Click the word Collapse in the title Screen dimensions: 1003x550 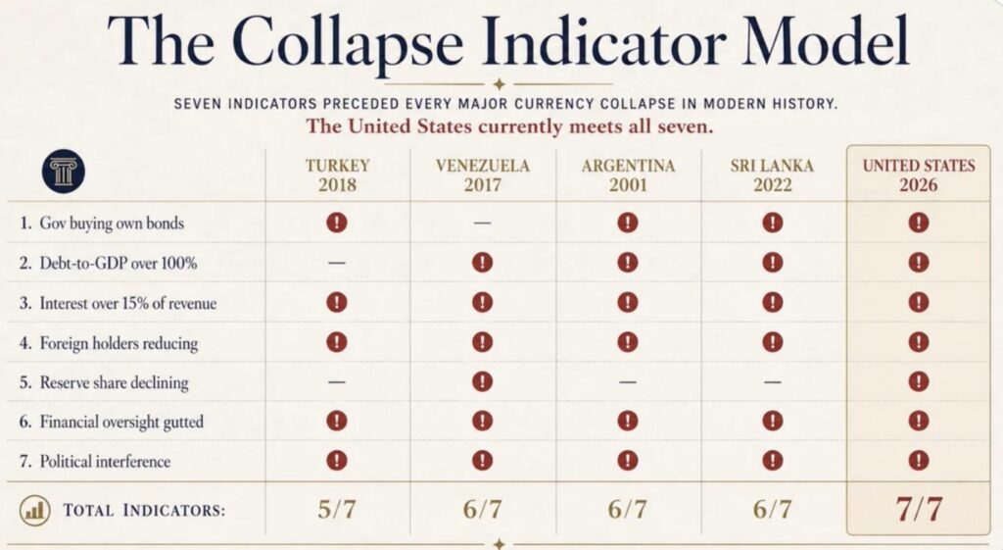pos(352,42)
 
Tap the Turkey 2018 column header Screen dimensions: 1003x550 pos(337,175)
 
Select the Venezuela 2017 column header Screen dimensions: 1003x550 pos(482,175)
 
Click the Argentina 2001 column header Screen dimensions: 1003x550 pos(628,175)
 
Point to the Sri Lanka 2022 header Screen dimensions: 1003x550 pos(772,175)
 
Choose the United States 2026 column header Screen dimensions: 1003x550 pos(919,175)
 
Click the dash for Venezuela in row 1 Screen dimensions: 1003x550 pos(482,223)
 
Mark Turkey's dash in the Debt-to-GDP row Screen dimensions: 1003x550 pos(337,263)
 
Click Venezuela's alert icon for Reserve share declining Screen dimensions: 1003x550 pos(482,381)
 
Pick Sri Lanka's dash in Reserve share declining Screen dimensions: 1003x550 pos(773,381)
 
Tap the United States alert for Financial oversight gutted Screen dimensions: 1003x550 pos(919,421)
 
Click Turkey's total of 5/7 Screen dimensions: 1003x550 pos(337,510)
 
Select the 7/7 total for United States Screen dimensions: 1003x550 pos(919,509)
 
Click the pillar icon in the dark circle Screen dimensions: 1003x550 pos(64,172)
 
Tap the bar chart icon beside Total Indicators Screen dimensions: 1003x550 pos(34,511)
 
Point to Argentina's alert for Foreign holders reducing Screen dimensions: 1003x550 pos(628,342)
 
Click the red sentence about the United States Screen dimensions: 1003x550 pos(509,126)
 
